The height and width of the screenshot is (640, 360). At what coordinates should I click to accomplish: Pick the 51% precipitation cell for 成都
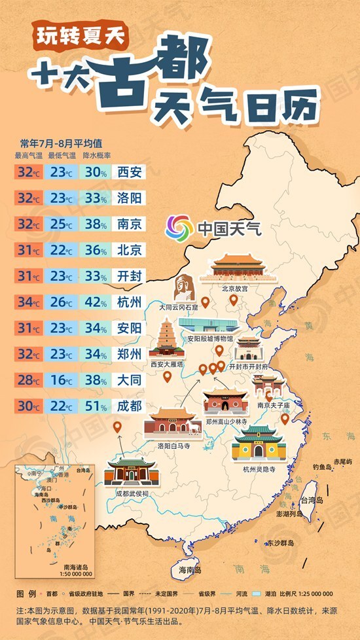pyautogui.click(x=96, y=406)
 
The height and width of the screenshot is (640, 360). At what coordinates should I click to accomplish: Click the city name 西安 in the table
pyautogui.click(x=128, y=172)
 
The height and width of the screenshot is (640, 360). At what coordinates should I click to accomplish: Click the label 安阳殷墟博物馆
pyautogui.click(x=209, y=339)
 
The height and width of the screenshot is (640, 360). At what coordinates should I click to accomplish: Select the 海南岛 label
pyautogui.click(x=190, y=570)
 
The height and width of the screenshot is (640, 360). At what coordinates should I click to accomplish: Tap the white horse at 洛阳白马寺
pyautogui.click(x=194, y=428)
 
